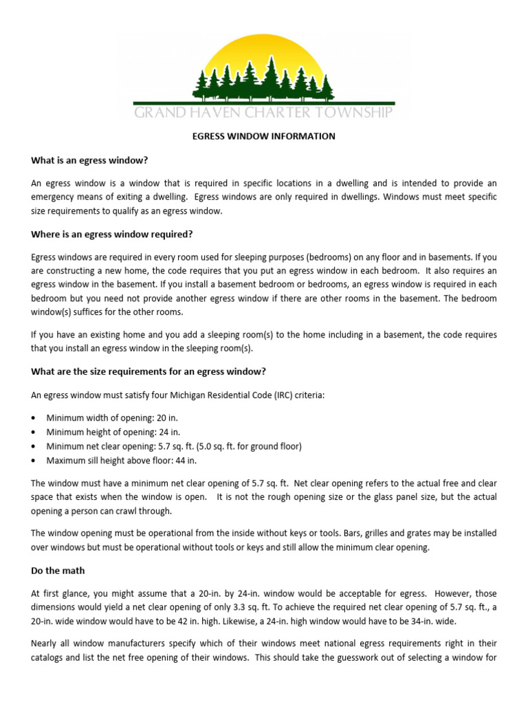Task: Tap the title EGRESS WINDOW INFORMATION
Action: click(263, 136)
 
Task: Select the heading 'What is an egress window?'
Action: click(89, 160)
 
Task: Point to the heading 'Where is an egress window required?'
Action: click(112, 234)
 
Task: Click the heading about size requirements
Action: click(148, 371)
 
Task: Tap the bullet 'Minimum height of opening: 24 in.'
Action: click(113, 432)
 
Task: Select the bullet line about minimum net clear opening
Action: click(173, 446)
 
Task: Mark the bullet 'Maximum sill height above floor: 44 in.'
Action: click(121, 461)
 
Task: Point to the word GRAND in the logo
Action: click(157, 112)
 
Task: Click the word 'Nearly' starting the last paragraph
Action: click(45, 643)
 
